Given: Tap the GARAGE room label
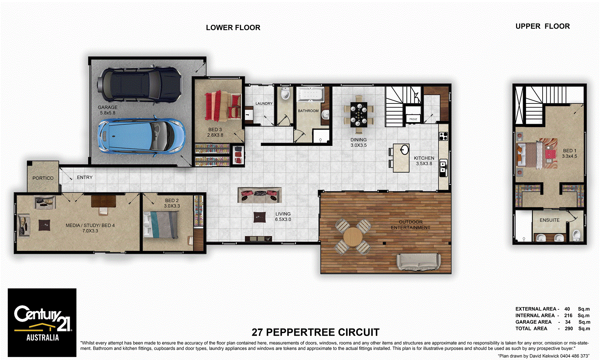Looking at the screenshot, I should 108,107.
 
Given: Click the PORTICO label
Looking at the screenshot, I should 43,178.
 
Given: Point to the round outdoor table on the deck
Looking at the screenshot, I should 352,237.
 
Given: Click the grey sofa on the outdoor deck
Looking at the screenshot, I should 418,261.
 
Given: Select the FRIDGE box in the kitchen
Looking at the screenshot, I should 413,119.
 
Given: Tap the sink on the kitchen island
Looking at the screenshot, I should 404,150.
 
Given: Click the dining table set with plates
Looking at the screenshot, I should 359,114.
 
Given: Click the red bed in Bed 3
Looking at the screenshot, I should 223,105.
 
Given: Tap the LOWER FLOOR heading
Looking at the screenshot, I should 233,28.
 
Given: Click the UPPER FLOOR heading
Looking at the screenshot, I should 542,26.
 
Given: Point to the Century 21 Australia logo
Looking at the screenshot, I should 42,322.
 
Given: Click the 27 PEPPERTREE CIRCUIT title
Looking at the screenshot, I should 315,332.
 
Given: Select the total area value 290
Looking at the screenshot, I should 568,328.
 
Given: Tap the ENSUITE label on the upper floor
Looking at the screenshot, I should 549,220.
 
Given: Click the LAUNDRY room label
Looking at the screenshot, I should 264,103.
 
